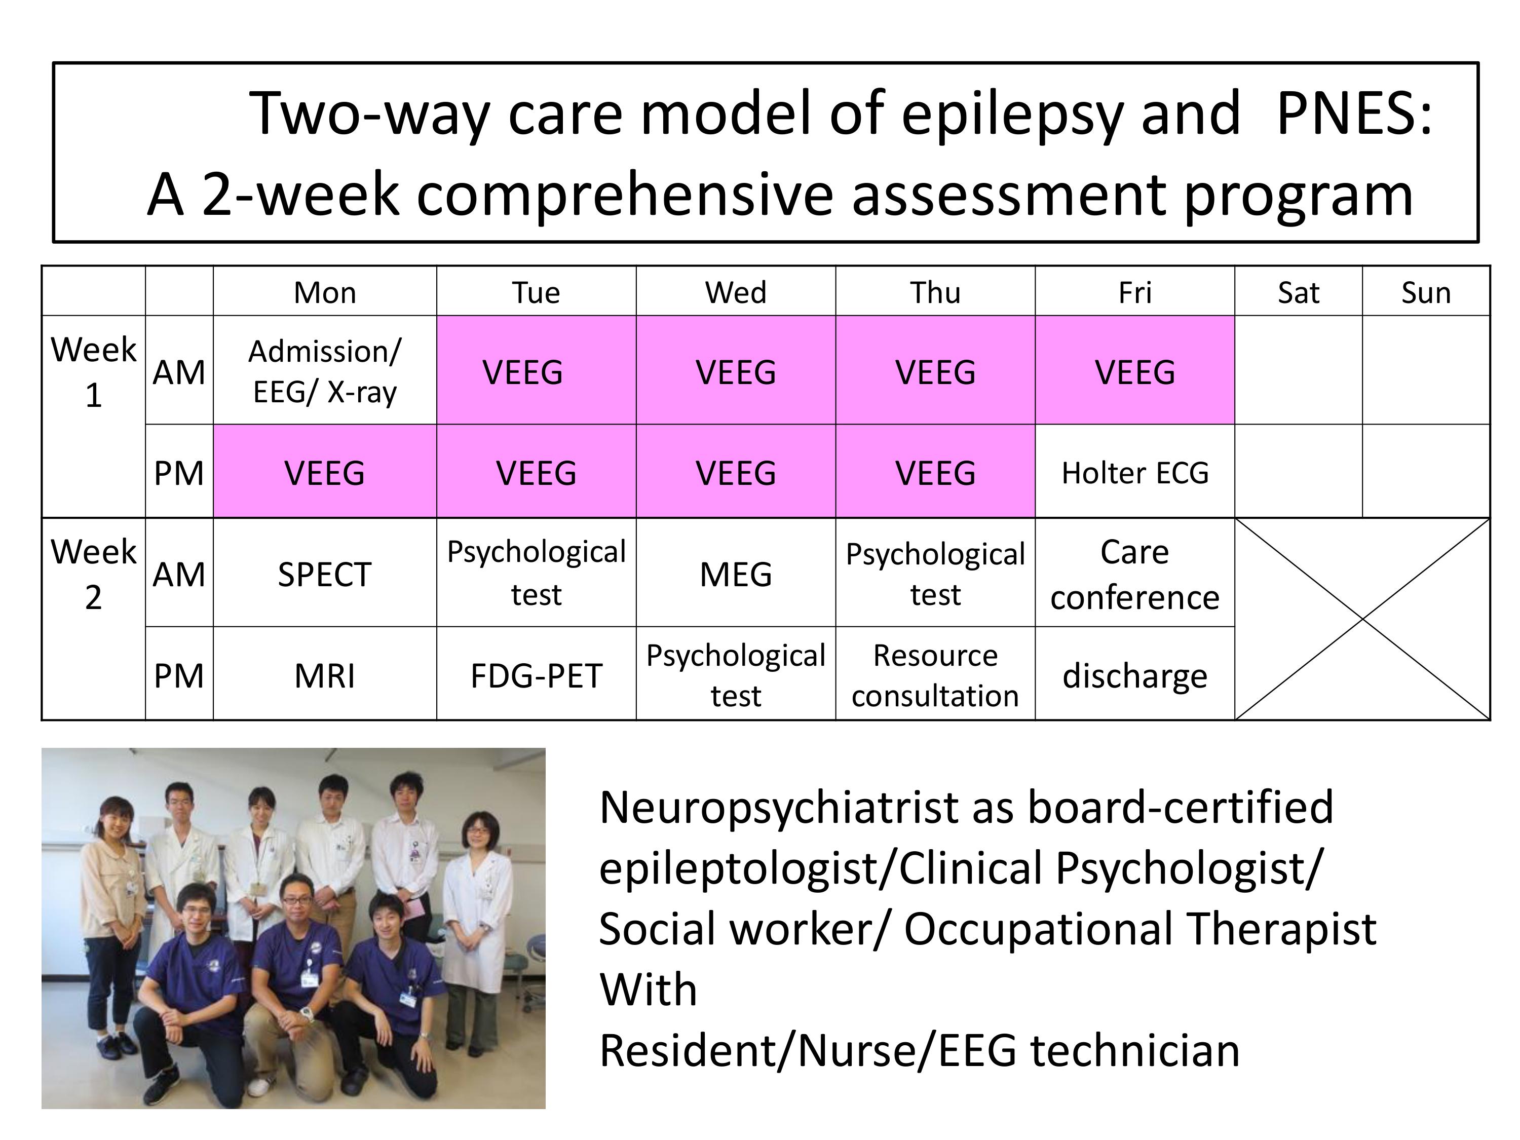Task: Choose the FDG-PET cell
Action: [536, 675]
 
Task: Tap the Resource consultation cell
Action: [935, 675]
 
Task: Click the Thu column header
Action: [935, 292]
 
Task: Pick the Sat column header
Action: [1298, 292]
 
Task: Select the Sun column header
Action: [1426, 292]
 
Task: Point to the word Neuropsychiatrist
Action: [779, 808]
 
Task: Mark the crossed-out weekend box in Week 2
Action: [1362, 619]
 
